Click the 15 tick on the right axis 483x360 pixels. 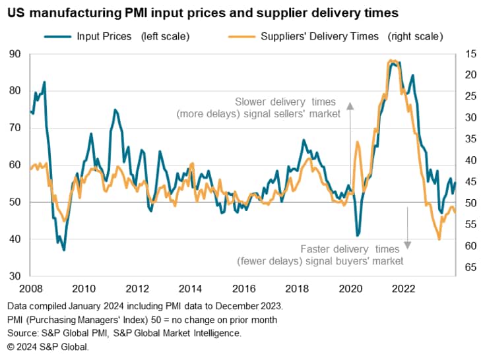coord(470,54)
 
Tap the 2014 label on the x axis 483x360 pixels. coord(190,288)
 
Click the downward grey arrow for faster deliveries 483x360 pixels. coord(408,241)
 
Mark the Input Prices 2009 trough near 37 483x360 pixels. coord(64,250)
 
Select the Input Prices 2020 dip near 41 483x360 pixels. coord(358,235)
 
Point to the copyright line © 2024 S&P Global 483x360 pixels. coord(48,346)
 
